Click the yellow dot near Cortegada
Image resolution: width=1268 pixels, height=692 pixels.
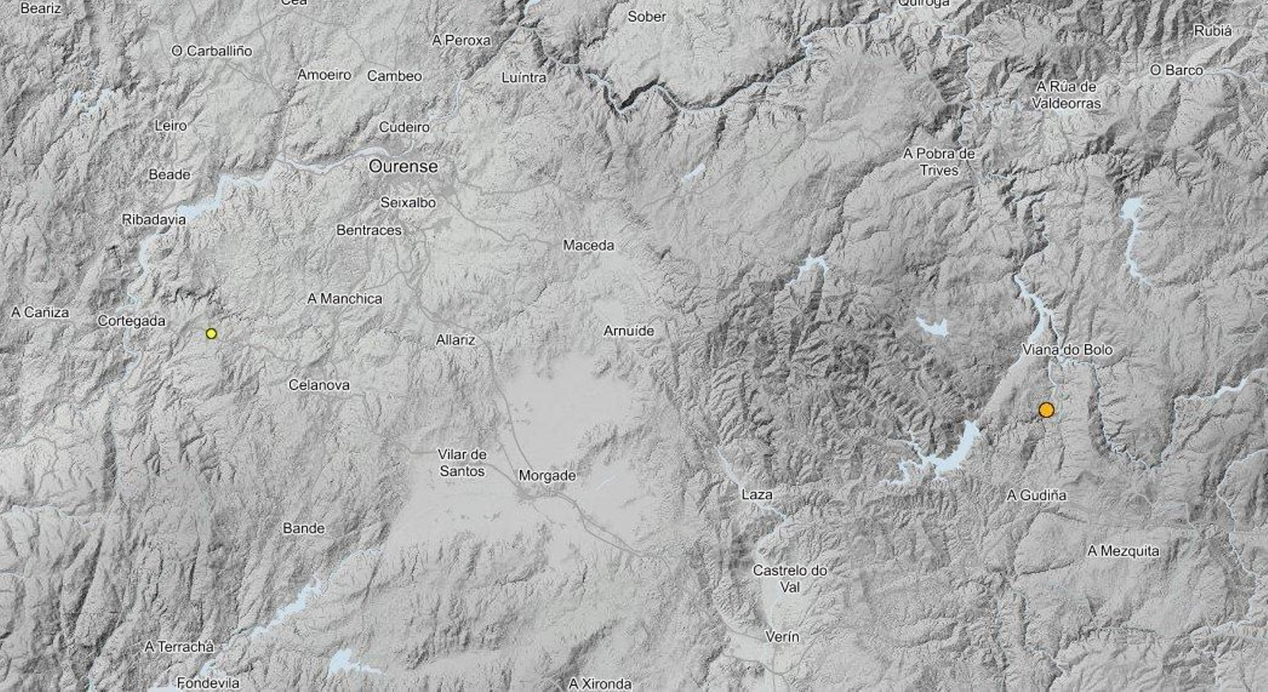tap(211, 334)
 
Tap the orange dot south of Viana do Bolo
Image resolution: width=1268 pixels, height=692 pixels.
tap(1046, 410)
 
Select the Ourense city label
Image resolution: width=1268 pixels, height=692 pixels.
tap(403, 167)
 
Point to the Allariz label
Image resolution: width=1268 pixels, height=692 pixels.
tap(456, 340)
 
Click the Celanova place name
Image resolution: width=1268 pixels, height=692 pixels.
tap(319, 385)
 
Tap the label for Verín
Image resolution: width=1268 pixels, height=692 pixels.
tap(782, 637)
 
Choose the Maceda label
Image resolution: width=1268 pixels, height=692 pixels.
tap(588, 246)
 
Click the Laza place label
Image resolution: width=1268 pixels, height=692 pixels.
tap(757, 495)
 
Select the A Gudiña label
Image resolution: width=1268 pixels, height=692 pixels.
tap(1037, 495)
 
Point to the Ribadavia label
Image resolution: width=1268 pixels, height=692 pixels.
tap(154, 220)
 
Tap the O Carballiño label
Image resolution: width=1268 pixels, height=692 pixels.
tap(212, 51)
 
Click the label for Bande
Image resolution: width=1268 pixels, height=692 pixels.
tap(304, 528)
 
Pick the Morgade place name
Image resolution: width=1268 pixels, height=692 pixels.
tap(547, 476)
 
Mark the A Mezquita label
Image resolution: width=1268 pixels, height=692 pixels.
tap(1123, 551)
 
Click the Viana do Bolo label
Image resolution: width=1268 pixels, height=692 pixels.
tap(1067, 350)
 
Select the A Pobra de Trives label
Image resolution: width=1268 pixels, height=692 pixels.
tap(939, 162)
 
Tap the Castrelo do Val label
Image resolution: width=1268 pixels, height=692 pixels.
tap(789, 579)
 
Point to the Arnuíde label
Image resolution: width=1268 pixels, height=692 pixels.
tap(628, 331)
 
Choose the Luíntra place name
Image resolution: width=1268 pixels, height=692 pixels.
tap(524, 78)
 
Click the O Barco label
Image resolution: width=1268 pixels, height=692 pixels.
tap(1176, 71)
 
